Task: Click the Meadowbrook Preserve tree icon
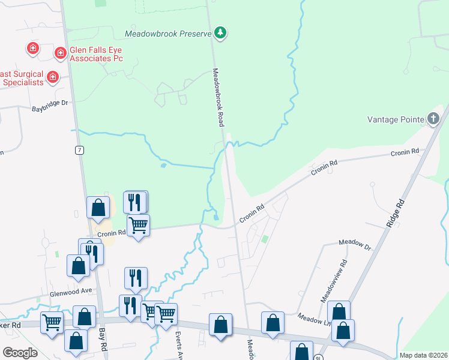tap(220, 32)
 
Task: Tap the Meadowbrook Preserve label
tap(168, 33)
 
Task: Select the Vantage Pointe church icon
tap(433, 119)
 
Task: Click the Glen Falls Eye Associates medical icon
tap(61, 54)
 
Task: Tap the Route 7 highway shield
tap(79, 150)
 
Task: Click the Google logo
tap(20, 352)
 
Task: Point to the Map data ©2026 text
tap(423, 355)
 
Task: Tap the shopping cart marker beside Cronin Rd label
tap(138, 226)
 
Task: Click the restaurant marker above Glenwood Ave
tap(136, 278)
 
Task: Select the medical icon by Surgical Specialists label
tap(53, 77)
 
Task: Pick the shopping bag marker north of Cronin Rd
tap(98, 208)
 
